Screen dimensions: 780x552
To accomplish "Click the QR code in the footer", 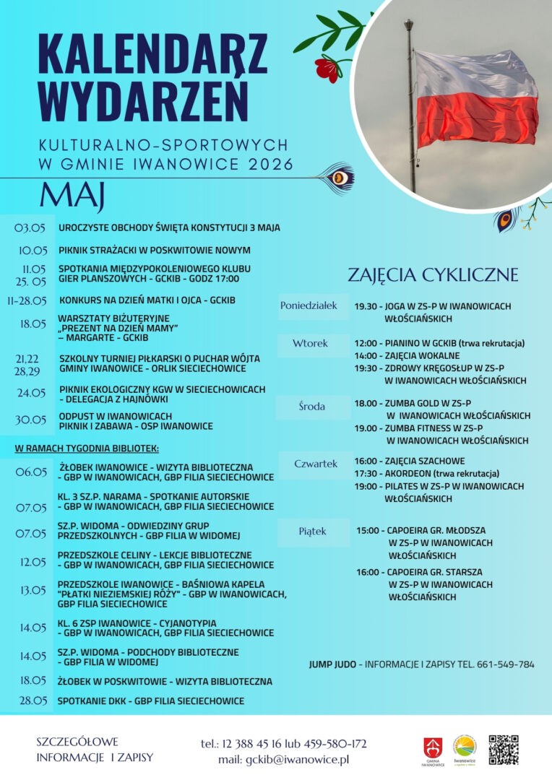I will pyautogui.click(x=504, y=749).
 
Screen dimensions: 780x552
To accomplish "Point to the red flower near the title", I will pyautogui.click(x=327, y=68).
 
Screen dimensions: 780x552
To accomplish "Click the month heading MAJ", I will pyautogui.click(x=72, y=194).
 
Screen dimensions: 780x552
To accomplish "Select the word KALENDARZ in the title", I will pyautogui.click(x=152, y=53).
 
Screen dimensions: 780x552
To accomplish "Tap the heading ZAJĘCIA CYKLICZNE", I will pyautogui.click(x=433, y=274).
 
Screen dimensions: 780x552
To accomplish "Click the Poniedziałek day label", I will pyautogui.click(x=309, y=305).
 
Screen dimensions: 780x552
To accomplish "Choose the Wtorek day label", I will pyautogui.click(x=310, y=343).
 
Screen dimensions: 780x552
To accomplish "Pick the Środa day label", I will pyautogui.click(x=311, y=407).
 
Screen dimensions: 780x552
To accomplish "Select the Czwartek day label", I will pyautogui.click(x=316, y=464).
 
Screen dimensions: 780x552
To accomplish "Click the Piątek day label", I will pyautogui.click(x=312, y=531).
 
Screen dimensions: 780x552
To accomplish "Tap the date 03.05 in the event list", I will pyautogui.click(x=30, y=228).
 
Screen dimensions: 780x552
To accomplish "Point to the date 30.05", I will pyautogui.click(x=30, y=420).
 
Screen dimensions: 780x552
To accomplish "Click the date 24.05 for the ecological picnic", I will pyautogui.click(x=31, y=393).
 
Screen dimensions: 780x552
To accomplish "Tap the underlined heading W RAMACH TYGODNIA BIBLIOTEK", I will pyautogui.click(x=87, y=448).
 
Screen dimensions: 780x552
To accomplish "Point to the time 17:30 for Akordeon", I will pyautogui.click(x=365, y=474).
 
